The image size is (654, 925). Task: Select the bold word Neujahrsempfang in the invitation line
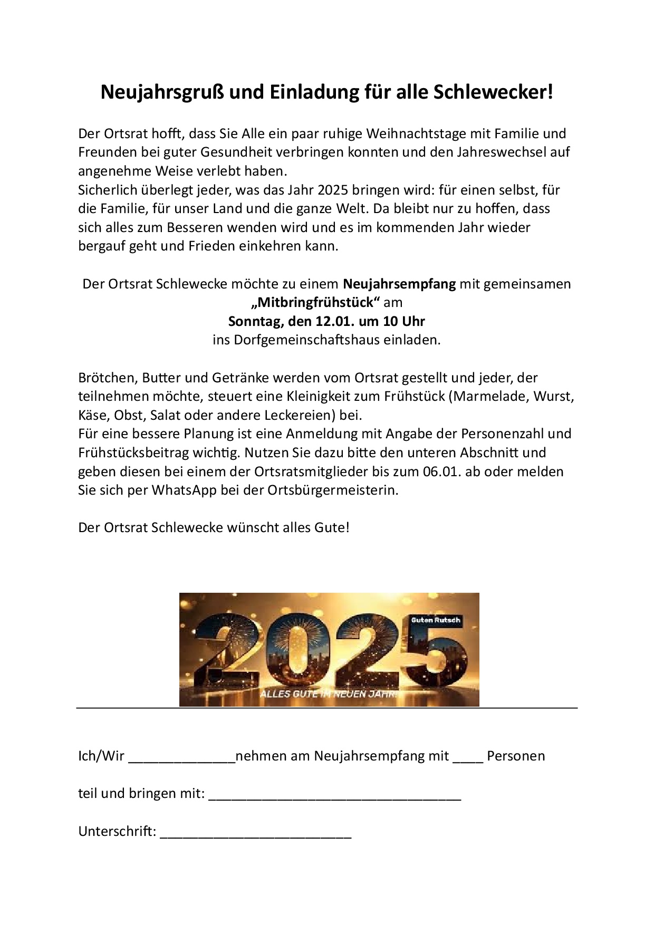399,284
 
